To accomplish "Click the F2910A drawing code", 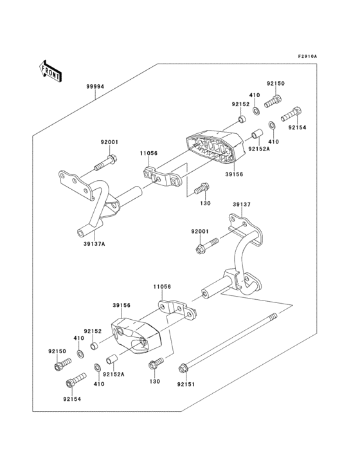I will tap(307, 57).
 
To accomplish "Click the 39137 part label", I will tap(241, 205).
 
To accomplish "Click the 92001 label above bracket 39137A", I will tap(109, 142).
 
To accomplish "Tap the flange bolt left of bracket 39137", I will tap(199, 245).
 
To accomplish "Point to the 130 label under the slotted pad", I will tap(205, 203).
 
